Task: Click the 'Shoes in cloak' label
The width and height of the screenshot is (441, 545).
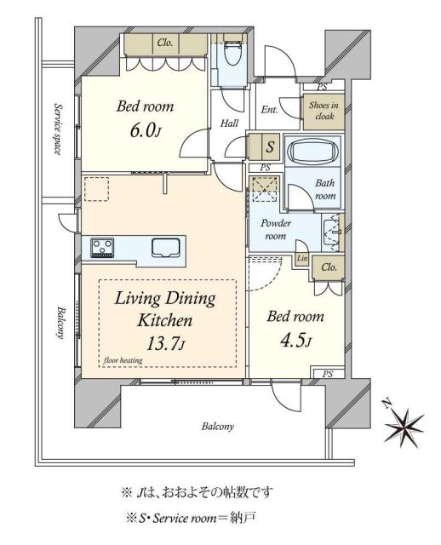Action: (x=324, y=112)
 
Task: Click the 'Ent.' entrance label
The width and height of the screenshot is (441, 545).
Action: (x=270, y=109)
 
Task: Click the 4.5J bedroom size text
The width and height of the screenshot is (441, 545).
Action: (x=295, y=341)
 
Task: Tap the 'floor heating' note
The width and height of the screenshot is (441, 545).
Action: (x=124, y=360)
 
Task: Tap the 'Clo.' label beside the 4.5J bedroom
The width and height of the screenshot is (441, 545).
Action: (x=329, y=267)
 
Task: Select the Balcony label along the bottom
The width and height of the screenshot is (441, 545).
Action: (x=218, y=427)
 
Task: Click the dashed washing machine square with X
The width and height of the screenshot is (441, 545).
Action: (x=266, y=186)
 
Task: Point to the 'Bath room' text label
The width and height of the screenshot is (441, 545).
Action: (x=325, y=189)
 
